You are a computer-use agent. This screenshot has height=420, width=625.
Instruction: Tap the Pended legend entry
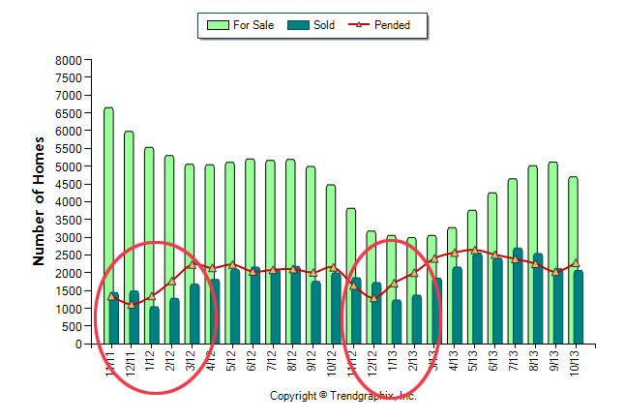[383, 25]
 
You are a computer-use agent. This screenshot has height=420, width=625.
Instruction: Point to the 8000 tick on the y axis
[68, 60]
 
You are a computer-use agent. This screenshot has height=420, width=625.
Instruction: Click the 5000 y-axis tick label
[68, 166]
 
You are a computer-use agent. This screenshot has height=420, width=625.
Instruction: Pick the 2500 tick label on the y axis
[68, 255]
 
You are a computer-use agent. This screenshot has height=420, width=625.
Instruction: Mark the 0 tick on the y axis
[77, 345]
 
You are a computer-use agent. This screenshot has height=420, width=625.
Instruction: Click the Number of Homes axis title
[40, 201]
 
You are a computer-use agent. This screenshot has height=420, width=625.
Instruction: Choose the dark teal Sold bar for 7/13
[518, 300]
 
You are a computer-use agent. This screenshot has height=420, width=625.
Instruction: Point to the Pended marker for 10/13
[576, 263]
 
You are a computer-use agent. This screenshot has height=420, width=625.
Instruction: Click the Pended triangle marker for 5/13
[475, 250]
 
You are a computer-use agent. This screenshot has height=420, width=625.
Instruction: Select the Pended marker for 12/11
[132, 305]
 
